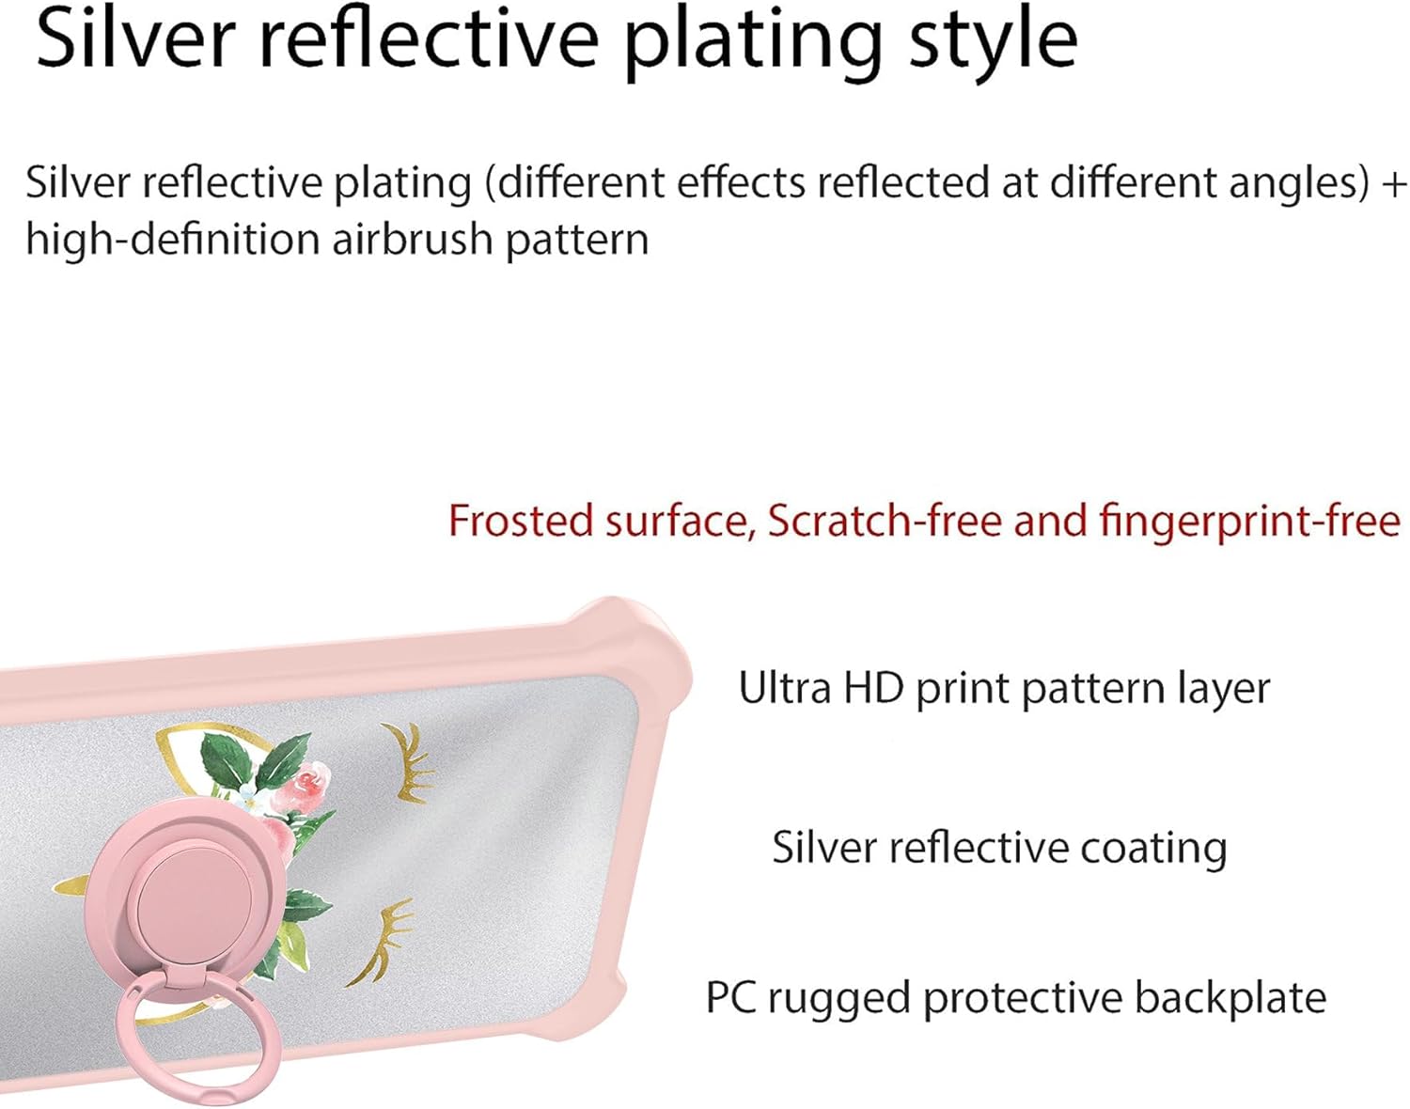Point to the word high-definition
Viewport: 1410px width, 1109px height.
[174, 240]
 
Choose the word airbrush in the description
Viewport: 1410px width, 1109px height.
[413, 240]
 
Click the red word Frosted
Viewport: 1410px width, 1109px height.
[520, 520]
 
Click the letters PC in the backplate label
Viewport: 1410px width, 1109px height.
[732, 997]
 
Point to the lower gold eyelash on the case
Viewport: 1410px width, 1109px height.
[385, 940]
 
